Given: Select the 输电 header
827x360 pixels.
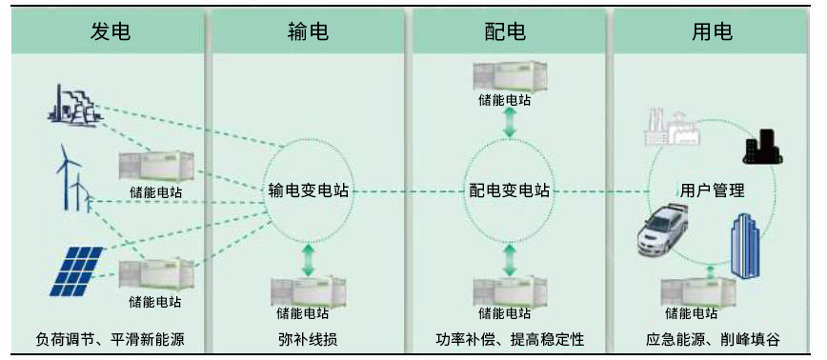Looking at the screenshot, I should (x=308, y=31).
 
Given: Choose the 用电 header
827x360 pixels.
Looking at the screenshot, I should (x=712, y=31).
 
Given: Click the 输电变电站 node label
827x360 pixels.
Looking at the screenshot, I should (x=308, y=190).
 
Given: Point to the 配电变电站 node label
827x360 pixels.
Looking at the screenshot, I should (x=510, y=190).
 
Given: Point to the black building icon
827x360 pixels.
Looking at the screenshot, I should (x=762, y=146).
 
